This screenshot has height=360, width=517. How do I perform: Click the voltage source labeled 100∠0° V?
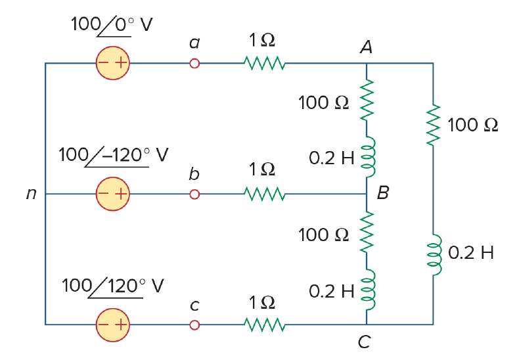[x=113, y=63]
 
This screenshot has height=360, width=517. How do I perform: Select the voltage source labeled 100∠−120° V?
[x=113, y=194]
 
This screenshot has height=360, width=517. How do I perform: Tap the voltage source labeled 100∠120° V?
[x=113, y=325]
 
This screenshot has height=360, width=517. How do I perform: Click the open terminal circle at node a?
[x=194, y=63]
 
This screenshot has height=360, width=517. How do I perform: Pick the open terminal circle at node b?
[x=194, y=194]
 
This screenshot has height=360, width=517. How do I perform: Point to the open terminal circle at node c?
[x=194, y=325]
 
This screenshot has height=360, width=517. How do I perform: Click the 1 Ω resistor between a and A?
[x=265, y=63]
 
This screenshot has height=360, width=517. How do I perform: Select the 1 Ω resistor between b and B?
[x=265, y=194]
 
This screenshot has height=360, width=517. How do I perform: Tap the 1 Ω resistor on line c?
[x=265, y=325]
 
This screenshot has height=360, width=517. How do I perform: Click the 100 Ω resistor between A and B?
[x=367, y=100]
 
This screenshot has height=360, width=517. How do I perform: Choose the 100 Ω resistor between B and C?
[x=367, y=233]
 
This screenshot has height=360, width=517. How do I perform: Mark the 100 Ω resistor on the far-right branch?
[x=434, y=125]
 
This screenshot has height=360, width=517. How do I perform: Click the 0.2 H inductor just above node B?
[x=369, y=157]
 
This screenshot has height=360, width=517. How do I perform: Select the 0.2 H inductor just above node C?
[x=369, y=290]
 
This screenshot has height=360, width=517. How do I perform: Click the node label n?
[x=32, y=194]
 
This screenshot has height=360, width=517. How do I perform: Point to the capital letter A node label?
[x=367, y=47]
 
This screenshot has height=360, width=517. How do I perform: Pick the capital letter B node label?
[x=383, y=192]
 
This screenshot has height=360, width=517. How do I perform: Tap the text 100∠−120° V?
[x=114, y=156]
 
